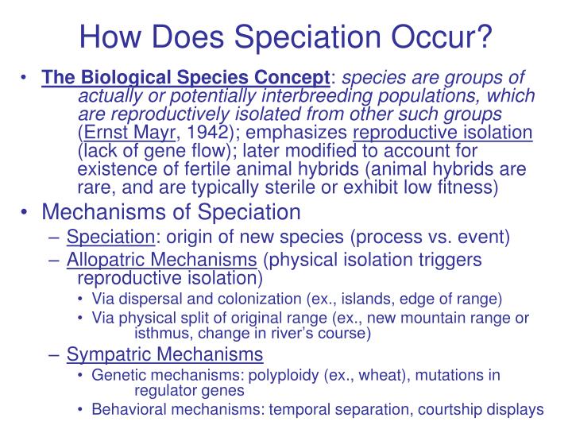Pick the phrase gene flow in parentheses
pos(174,150)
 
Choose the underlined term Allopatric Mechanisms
pos(161,261)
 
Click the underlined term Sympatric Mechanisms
pos(164,354)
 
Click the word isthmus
pos(162,333)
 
